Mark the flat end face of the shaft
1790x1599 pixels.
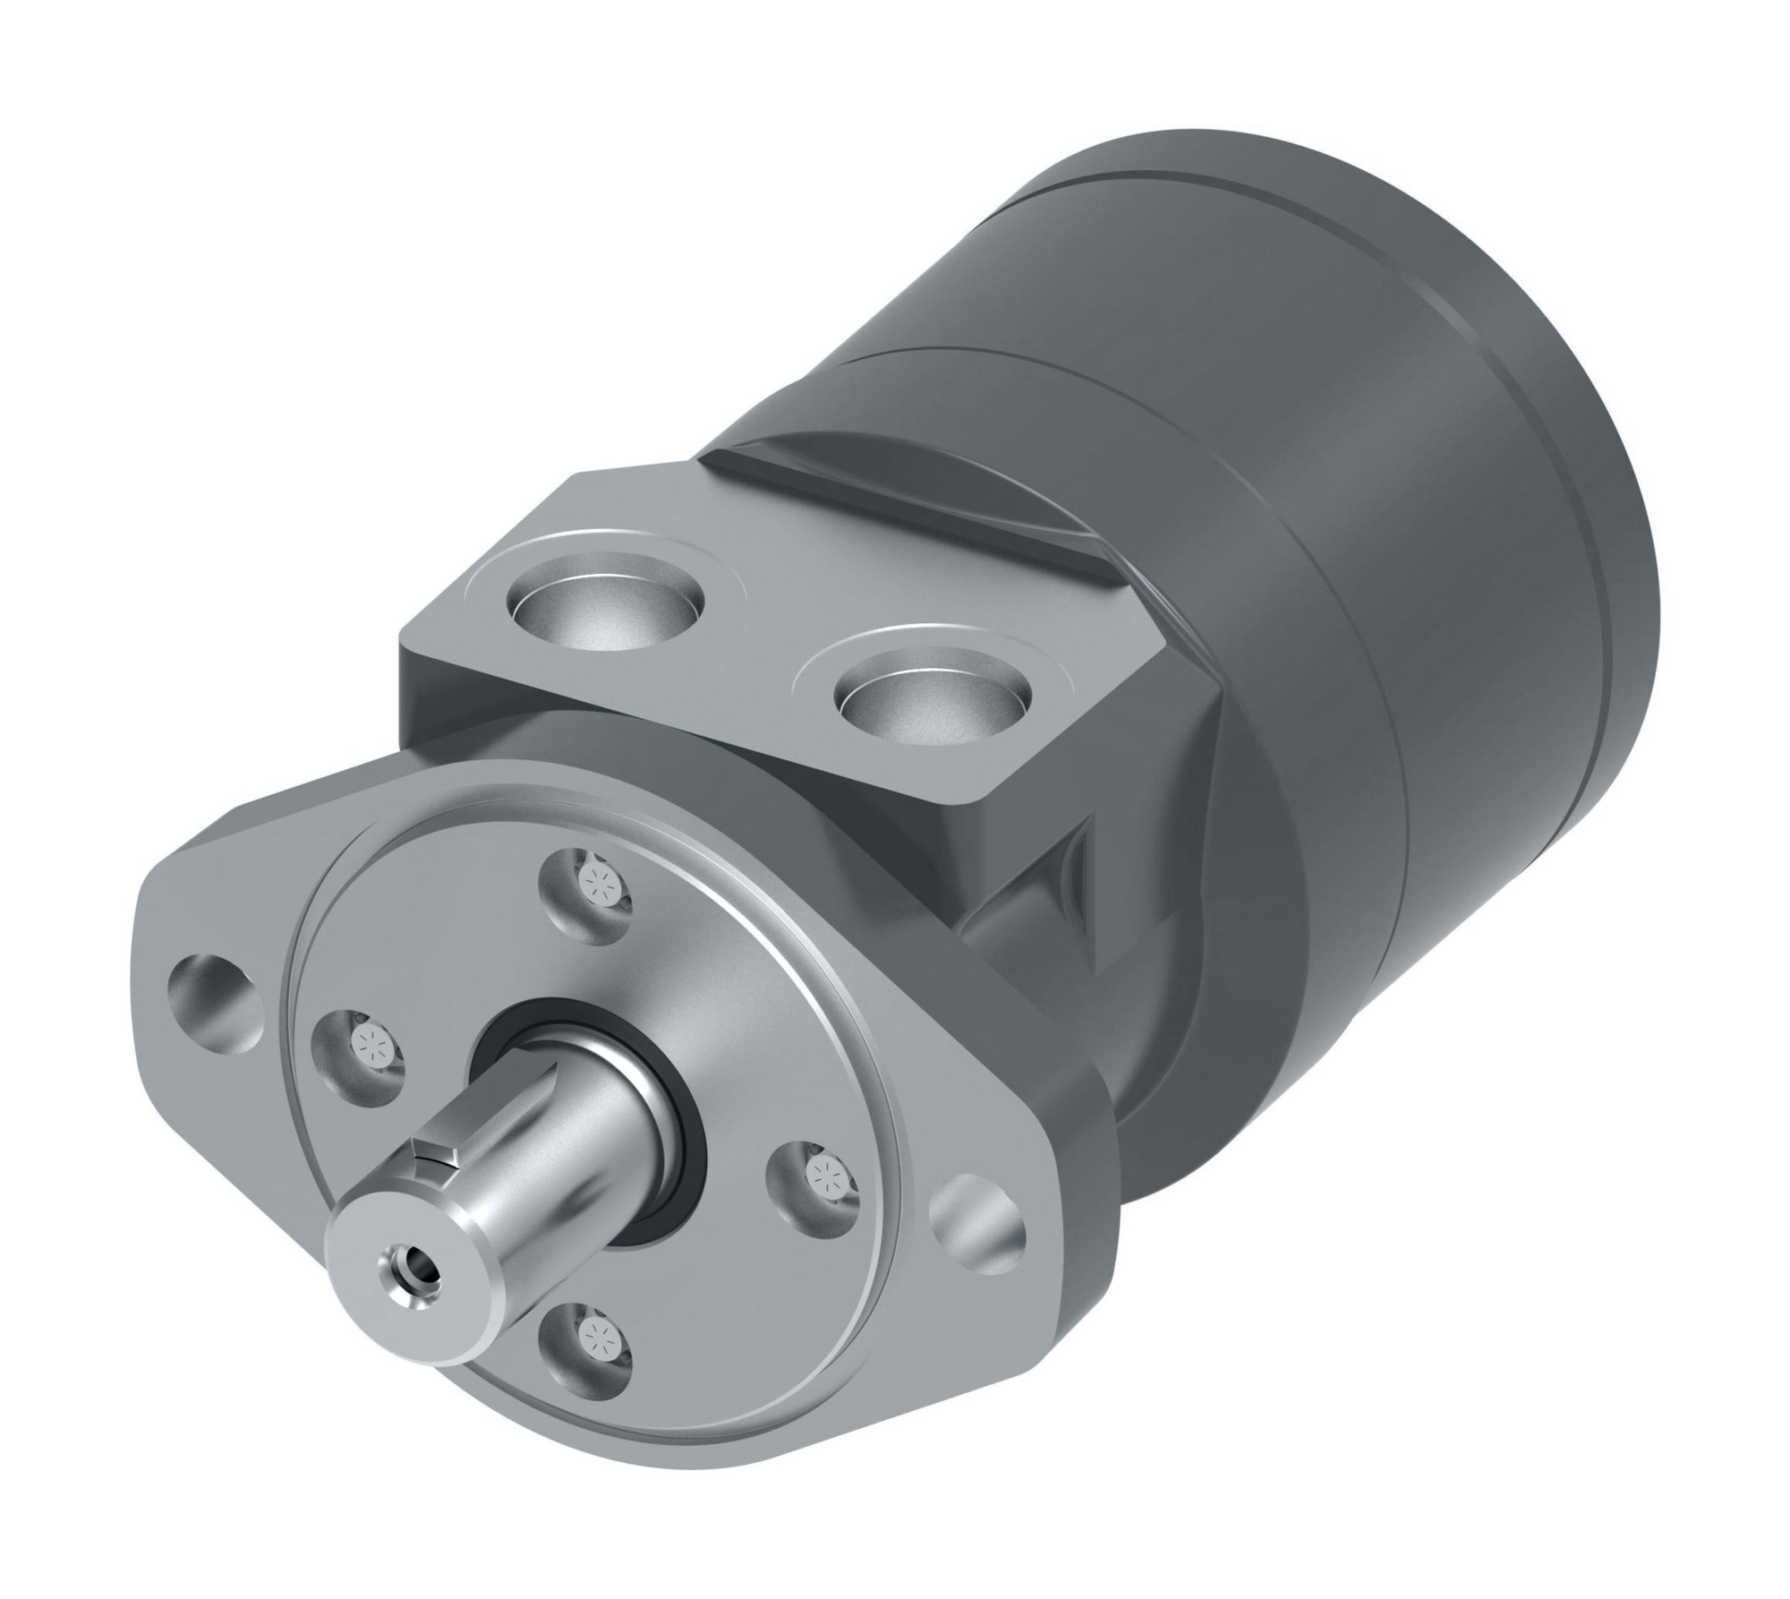(394, 1253)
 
